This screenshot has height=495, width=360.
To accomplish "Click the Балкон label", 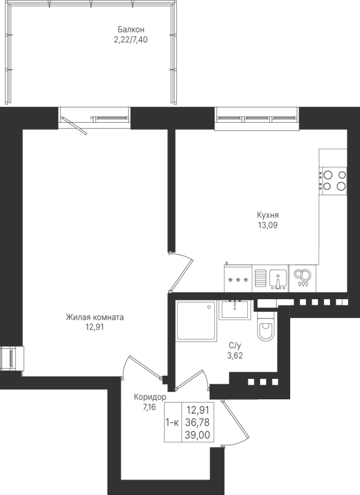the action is click(131, 30).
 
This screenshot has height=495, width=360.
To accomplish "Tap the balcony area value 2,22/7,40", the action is click(131, 40).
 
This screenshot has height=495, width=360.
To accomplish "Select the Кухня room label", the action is click(268, 215).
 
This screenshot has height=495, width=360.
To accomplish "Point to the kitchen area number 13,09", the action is click(268, 226).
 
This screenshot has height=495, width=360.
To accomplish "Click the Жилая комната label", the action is click(95, 317).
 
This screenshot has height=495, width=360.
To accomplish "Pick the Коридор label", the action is click(150, 397).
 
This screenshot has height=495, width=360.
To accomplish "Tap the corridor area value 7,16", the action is click(149, 407).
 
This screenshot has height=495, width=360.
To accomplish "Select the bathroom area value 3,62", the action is click(235, 356).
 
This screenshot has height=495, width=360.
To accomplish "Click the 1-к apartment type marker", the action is click(172, 422).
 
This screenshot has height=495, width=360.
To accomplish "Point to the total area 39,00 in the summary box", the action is click(198, 435).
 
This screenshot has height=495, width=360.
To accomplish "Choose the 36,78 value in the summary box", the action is click(198, 422).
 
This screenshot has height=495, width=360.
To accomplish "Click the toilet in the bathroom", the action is click(265, 327).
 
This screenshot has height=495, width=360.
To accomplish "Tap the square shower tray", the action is click(196, 321).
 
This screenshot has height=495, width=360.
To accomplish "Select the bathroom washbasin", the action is click(235, 310).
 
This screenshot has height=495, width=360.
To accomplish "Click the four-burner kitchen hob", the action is click(333, 180).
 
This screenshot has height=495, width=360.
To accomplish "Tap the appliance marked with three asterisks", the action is click(238, 279).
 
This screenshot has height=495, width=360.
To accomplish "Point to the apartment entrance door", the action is click(235, 423).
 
